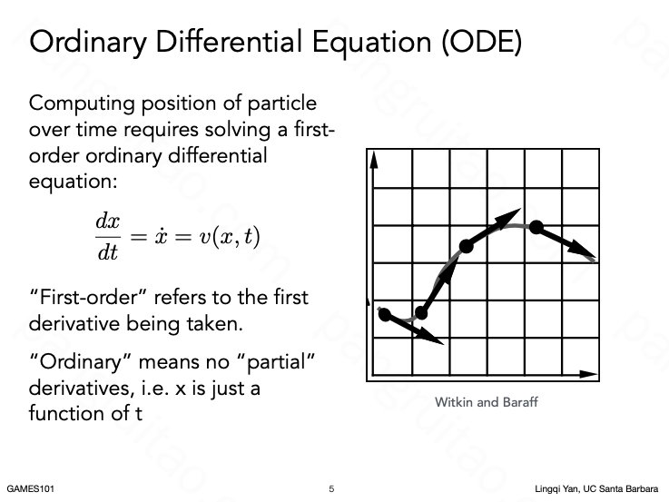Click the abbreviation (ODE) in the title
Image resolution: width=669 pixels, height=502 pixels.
pos(482,42)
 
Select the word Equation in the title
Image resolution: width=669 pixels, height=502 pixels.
pos(371,43)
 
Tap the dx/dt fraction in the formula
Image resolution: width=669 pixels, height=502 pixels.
pos(107,237)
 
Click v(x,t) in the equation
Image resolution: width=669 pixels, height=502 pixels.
pos(229,237)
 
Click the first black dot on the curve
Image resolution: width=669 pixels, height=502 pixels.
pos(384,315)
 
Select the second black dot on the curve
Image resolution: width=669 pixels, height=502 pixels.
pos(421,313)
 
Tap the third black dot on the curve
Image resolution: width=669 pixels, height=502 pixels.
pos(467,246)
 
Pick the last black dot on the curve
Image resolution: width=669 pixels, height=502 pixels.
pos(536,227)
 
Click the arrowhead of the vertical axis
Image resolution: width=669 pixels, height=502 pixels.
pos(374,160)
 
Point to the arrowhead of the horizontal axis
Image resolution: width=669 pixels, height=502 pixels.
pos(588,375)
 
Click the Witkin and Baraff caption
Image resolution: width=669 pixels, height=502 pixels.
pos(486,402)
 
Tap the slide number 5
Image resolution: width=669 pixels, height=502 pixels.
pos(331,488)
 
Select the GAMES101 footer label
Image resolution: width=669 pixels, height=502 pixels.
pos(30,488)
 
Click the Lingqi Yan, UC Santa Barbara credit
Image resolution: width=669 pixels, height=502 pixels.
pos(596,488)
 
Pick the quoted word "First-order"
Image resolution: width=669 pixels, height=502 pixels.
pos(88,297)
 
